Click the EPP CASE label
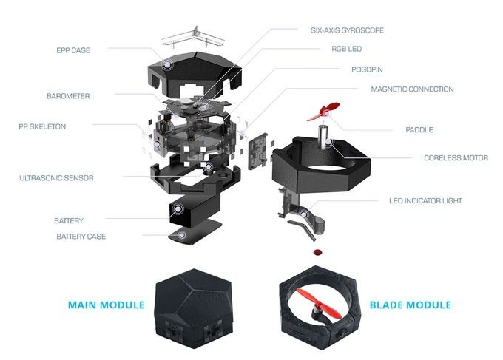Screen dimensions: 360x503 pos(72,50)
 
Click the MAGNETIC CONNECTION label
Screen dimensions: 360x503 pos(412,89)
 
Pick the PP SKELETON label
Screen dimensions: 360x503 pos(42,126)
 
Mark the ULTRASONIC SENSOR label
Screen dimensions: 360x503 pos(57,178)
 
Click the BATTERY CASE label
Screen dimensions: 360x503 pos(81,237)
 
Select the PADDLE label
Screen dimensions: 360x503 pos(419,130)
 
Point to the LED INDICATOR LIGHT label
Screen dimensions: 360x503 pos(435,200)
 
